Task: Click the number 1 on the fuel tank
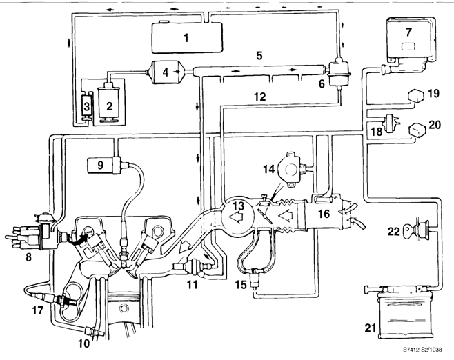click(x=186, y=38)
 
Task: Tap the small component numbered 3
click(x=86, y=106)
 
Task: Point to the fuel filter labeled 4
click(x=166, y=72)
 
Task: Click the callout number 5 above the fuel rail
click(x=259, y=55)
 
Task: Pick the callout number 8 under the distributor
click(x=28, y=257)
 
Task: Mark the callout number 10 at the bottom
click(x=84, y=343)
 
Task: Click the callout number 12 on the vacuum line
click(x=260, y=97)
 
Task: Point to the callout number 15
click(x=241, y=284)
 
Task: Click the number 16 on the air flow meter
click(x=324, y=214)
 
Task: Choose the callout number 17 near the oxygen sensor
click(x=37, y=310)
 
